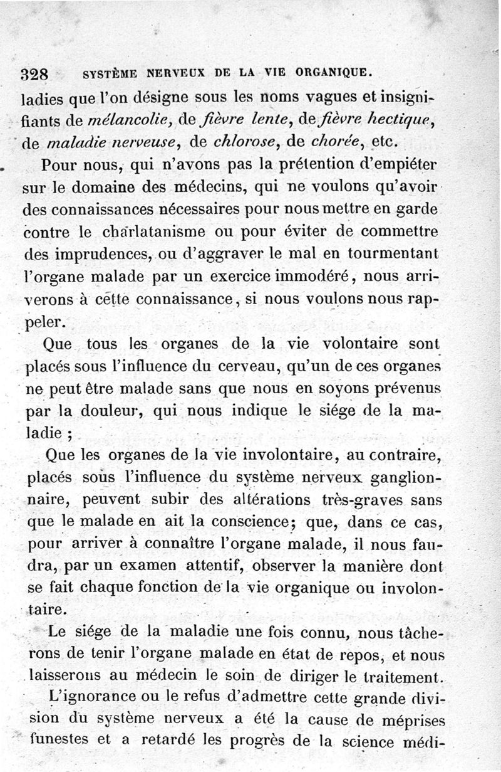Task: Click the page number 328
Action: tap(34, 74)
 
